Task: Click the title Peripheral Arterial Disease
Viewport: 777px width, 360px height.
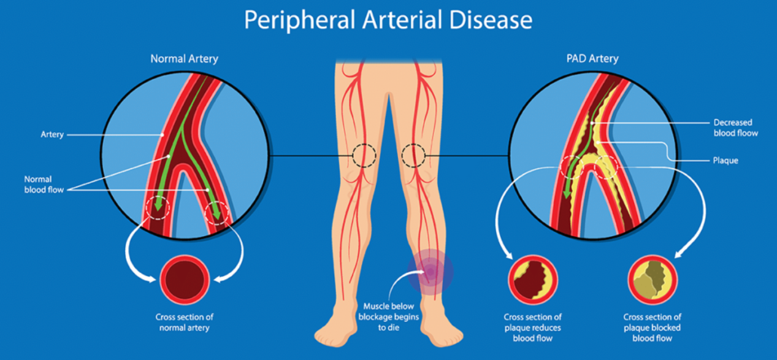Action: (388, 20)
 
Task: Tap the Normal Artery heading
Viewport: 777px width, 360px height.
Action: (184, 59)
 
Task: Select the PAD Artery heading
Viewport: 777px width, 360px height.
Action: (592, 58)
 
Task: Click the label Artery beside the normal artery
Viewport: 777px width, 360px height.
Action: (52, 134)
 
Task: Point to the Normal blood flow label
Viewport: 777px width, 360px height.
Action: (44, 185)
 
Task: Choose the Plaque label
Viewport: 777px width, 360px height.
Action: (725, 161)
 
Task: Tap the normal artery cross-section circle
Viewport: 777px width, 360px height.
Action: (185, 280)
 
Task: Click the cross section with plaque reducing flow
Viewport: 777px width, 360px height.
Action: (533, 280)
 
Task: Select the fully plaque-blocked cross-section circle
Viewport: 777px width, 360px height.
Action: (653, 280)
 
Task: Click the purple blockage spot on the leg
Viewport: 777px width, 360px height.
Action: (430, 272)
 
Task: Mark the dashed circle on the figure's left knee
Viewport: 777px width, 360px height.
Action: (413, 156)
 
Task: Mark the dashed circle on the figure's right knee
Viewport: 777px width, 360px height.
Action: (364, 156)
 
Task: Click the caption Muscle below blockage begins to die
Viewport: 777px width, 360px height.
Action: (389, 316)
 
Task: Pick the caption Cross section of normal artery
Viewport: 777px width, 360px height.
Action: (184, 322)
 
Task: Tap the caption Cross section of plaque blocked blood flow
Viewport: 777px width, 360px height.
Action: (652, 327)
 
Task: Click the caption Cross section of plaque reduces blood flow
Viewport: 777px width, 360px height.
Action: (533, 327)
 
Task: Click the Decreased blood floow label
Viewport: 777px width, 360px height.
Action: (736, 128)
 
